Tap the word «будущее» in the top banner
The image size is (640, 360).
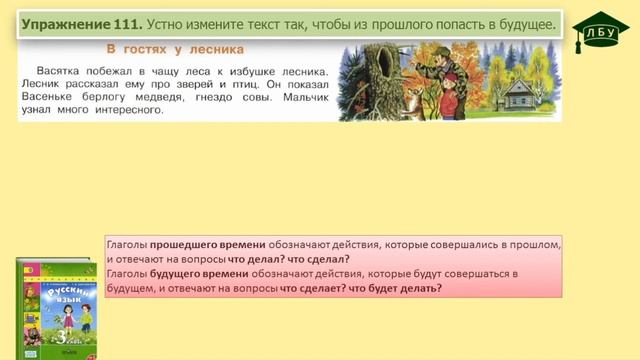519,22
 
